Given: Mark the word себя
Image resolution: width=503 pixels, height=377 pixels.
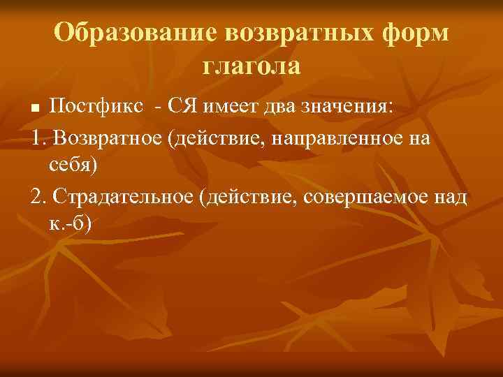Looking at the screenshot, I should tap(72, 165).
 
